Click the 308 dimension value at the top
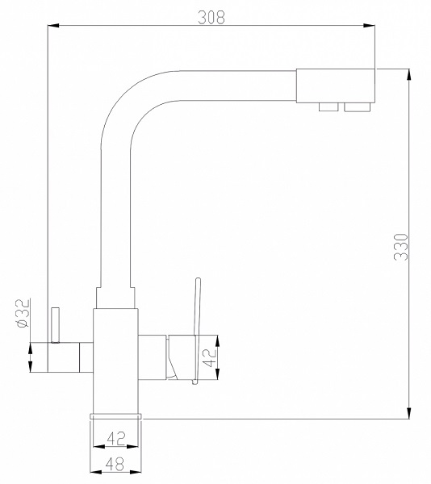[x=211, y=17]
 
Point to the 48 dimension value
[x=116, y=464]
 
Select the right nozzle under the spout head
[x=355, y=106]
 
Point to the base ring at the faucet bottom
[x=116, y=415]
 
